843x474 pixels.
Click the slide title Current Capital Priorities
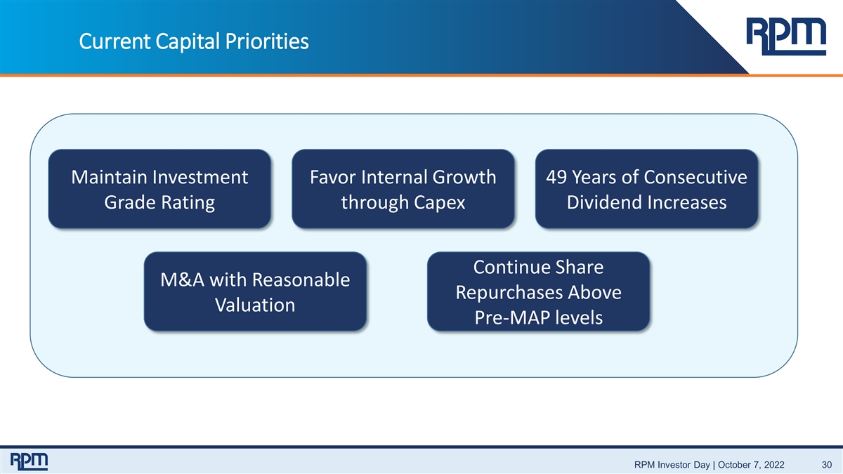(x=194, y=41)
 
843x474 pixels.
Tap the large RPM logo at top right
(x=786, y=37)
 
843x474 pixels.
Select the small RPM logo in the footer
(x=29, y=461)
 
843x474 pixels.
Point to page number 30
(x=826, y=465)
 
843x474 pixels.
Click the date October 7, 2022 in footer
(x=751, y=465)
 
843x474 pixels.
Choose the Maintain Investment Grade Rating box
(x=159, y=189)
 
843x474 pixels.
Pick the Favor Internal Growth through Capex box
(x=403, y=189)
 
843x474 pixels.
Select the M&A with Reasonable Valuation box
(x=255, y=291)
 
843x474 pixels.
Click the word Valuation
(x=255, y=305)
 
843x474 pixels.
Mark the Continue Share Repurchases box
(x=539, y=291)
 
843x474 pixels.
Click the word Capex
(x=439, y=203)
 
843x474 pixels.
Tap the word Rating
(x=188, y=203)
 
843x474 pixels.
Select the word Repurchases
(x=509, y=293)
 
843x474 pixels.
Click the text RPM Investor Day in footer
(x=672, y=465)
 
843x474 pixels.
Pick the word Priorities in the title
(x=267, y=41)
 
